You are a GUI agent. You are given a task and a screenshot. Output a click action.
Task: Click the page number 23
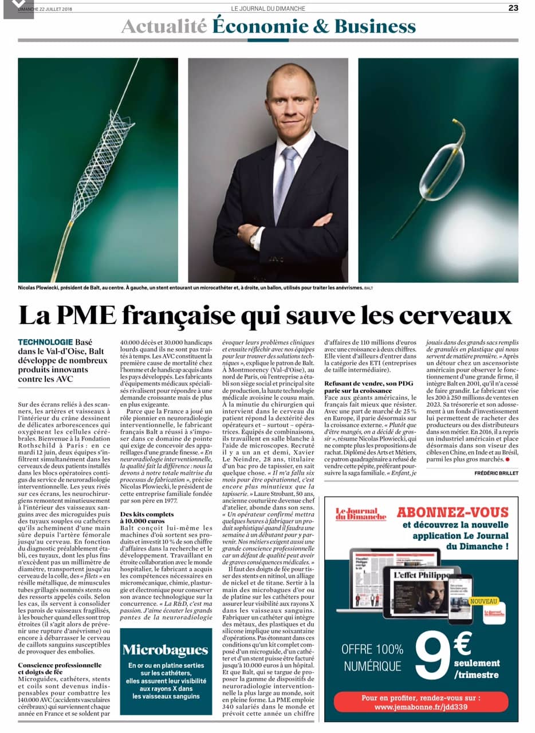click(x=513, y=8)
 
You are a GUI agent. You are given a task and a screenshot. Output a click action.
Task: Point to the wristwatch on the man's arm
click(x=254, y=237)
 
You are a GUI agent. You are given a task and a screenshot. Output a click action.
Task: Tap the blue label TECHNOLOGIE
click(x=45, y=341)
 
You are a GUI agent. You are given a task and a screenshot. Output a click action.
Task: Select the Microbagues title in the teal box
click(x=165, y=649)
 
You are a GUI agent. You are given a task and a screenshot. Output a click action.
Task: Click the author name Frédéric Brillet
click(x=496, y=472)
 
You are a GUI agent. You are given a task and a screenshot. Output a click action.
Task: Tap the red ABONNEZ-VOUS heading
click(x=453, y=512)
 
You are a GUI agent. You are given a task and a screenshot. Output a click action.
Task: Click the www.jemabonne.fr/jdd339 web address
click(x=420, y=707)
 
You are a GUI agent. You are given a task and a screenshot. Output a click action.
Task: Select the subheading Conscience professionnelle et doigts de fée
click(x=60, y=668)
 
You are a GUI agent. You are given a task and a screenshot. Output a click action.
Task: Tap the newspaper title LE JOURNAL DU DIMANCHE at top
click(x=268, y=8)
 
